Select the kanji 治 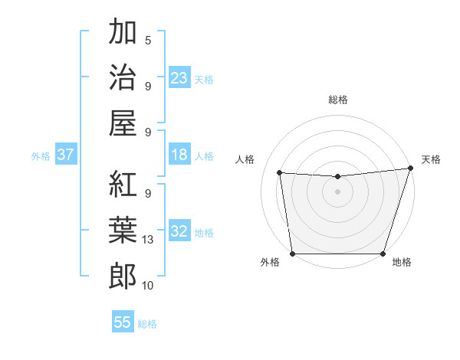pos(123,77)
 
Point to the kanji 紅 pos(123,185)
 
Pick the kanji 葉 pos(123,231)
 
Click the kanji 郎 pos(123,277)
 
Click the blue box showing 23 pos(179,77)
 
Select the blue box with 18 pos(179,155)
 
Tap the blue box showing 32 pos(179,231)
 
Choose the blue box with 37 pos(65,155)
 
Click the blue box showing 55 pos(123,322)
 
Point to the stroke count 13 pos(149,240)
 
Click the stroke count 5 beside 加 pos(148,40)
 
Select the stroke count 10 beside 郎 pos(149,286)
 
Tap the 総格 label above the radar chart pos(338,100)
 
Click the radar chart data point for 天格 pos(410,169)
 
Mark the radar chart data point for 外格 pos(292,254)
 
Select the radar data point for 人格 pos(280,173)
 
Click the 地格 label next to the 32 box pos(204,232)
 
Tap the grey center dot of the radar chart pos(337,191)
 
